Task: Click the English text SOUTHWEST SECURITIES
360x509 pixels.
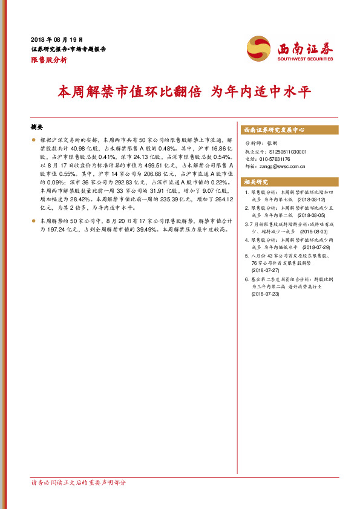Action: click(305, 60)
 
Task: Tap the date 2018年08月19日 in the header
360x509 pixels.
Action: click(56, 38)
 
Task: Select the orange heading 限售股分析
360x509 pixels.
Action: click(49, 60)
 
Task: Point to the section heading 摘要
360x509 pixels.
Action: click(37, 128)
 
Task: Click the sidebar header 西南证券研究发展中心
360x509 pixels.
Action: click(274, 130)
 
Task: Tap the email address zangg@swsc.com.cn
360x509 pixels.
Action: click(284, 166)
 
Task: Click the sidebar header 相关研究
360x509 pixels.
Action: click(256, 182)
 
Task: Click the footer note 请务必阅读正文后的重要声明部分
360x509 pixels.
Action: click(78, 483)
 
